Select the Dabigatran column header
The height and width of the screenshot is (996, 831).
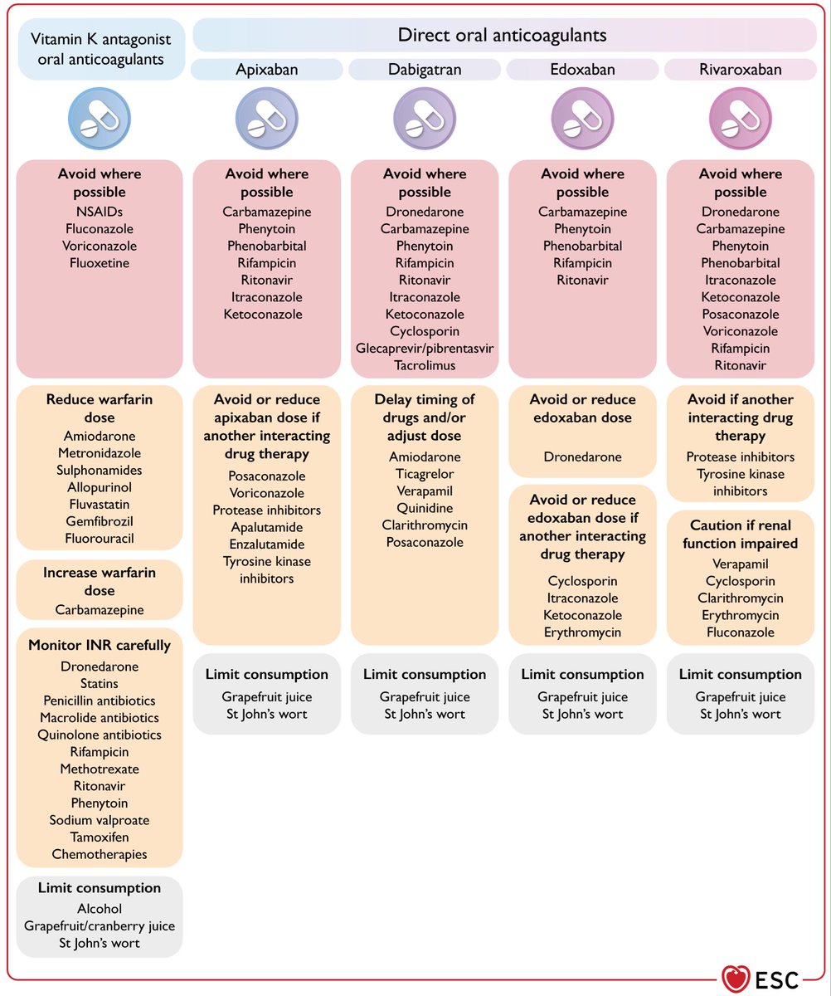point(425,70)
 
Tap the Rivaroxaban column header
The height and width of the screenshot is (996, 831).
point(741,70)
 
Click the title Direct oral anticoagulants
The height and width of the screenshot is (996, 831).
point(502,35)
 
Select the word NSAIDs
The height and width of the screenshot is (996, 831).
point(100,212)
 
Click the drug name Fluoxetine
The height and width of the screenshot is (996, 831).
point(100,263)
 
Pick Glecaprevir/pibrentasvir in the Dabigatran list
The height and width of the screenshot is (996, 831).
point(425,349)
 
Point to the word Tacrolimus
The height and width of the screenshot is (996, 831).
point(425,365)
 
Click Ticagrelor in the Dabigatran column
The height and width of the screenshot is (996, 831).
point(425,474)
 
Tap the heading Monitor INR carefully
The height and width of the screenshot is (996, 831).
point(100,646)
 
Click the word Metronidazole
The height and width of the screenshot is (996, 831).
point(100,453)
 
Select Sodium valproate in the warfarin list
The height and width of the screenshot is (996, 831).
point(100,820)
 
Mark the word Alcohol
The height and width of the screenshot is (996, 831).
point(100,909)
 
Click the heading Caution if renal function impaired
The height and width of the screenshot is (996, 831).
point(741,535)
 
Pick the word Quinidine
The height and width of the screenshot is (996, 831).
point(425,508)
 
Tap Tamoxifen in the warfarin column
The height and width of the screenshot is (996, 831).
point(100,837)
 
